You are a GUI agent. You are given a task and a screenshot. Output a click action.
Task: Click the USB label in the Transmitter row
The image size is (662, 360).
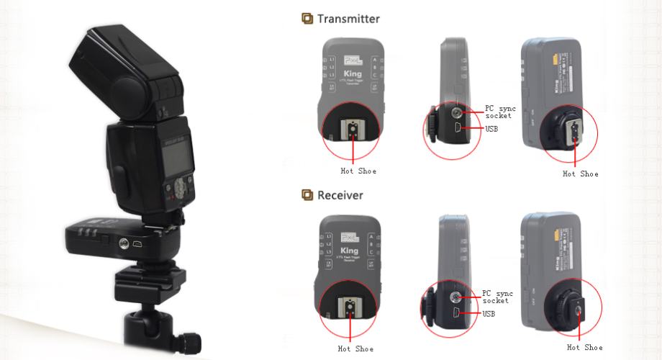click(491, 129)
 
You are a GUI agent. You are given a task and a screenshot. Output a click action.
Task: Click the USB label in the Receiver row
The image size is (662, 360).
click(489, 313)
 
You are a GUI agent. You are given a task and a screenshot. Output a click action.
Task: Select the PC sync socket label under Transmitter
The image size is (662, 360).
click(499, 112)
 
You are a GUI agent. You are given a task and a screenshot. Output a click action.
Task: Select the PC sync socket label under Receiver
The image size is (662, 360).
click(498, 297)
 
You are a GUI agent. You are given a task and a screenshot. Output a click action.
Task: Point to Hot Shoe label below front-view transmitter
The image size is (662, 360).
click(358, 171)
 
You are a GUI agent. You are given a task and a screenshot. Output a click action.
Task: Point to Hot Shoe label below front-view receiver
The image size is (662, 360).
click(355, 349)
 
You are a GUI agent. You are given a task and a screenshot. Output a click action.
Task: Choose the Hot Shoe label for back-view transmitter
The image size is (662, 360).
click(580, 174)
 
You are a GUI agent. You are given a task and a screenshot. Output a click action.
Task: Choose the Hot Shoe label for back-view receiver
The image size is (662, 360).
click(584, 348)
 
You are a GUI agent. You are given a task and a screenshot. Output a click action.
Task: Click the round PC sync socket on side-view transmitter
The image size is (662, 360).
click(458, 112)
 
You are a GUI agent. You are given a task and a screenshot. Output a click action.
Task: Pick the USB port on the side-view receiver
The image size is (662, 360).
click(458, 313)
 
